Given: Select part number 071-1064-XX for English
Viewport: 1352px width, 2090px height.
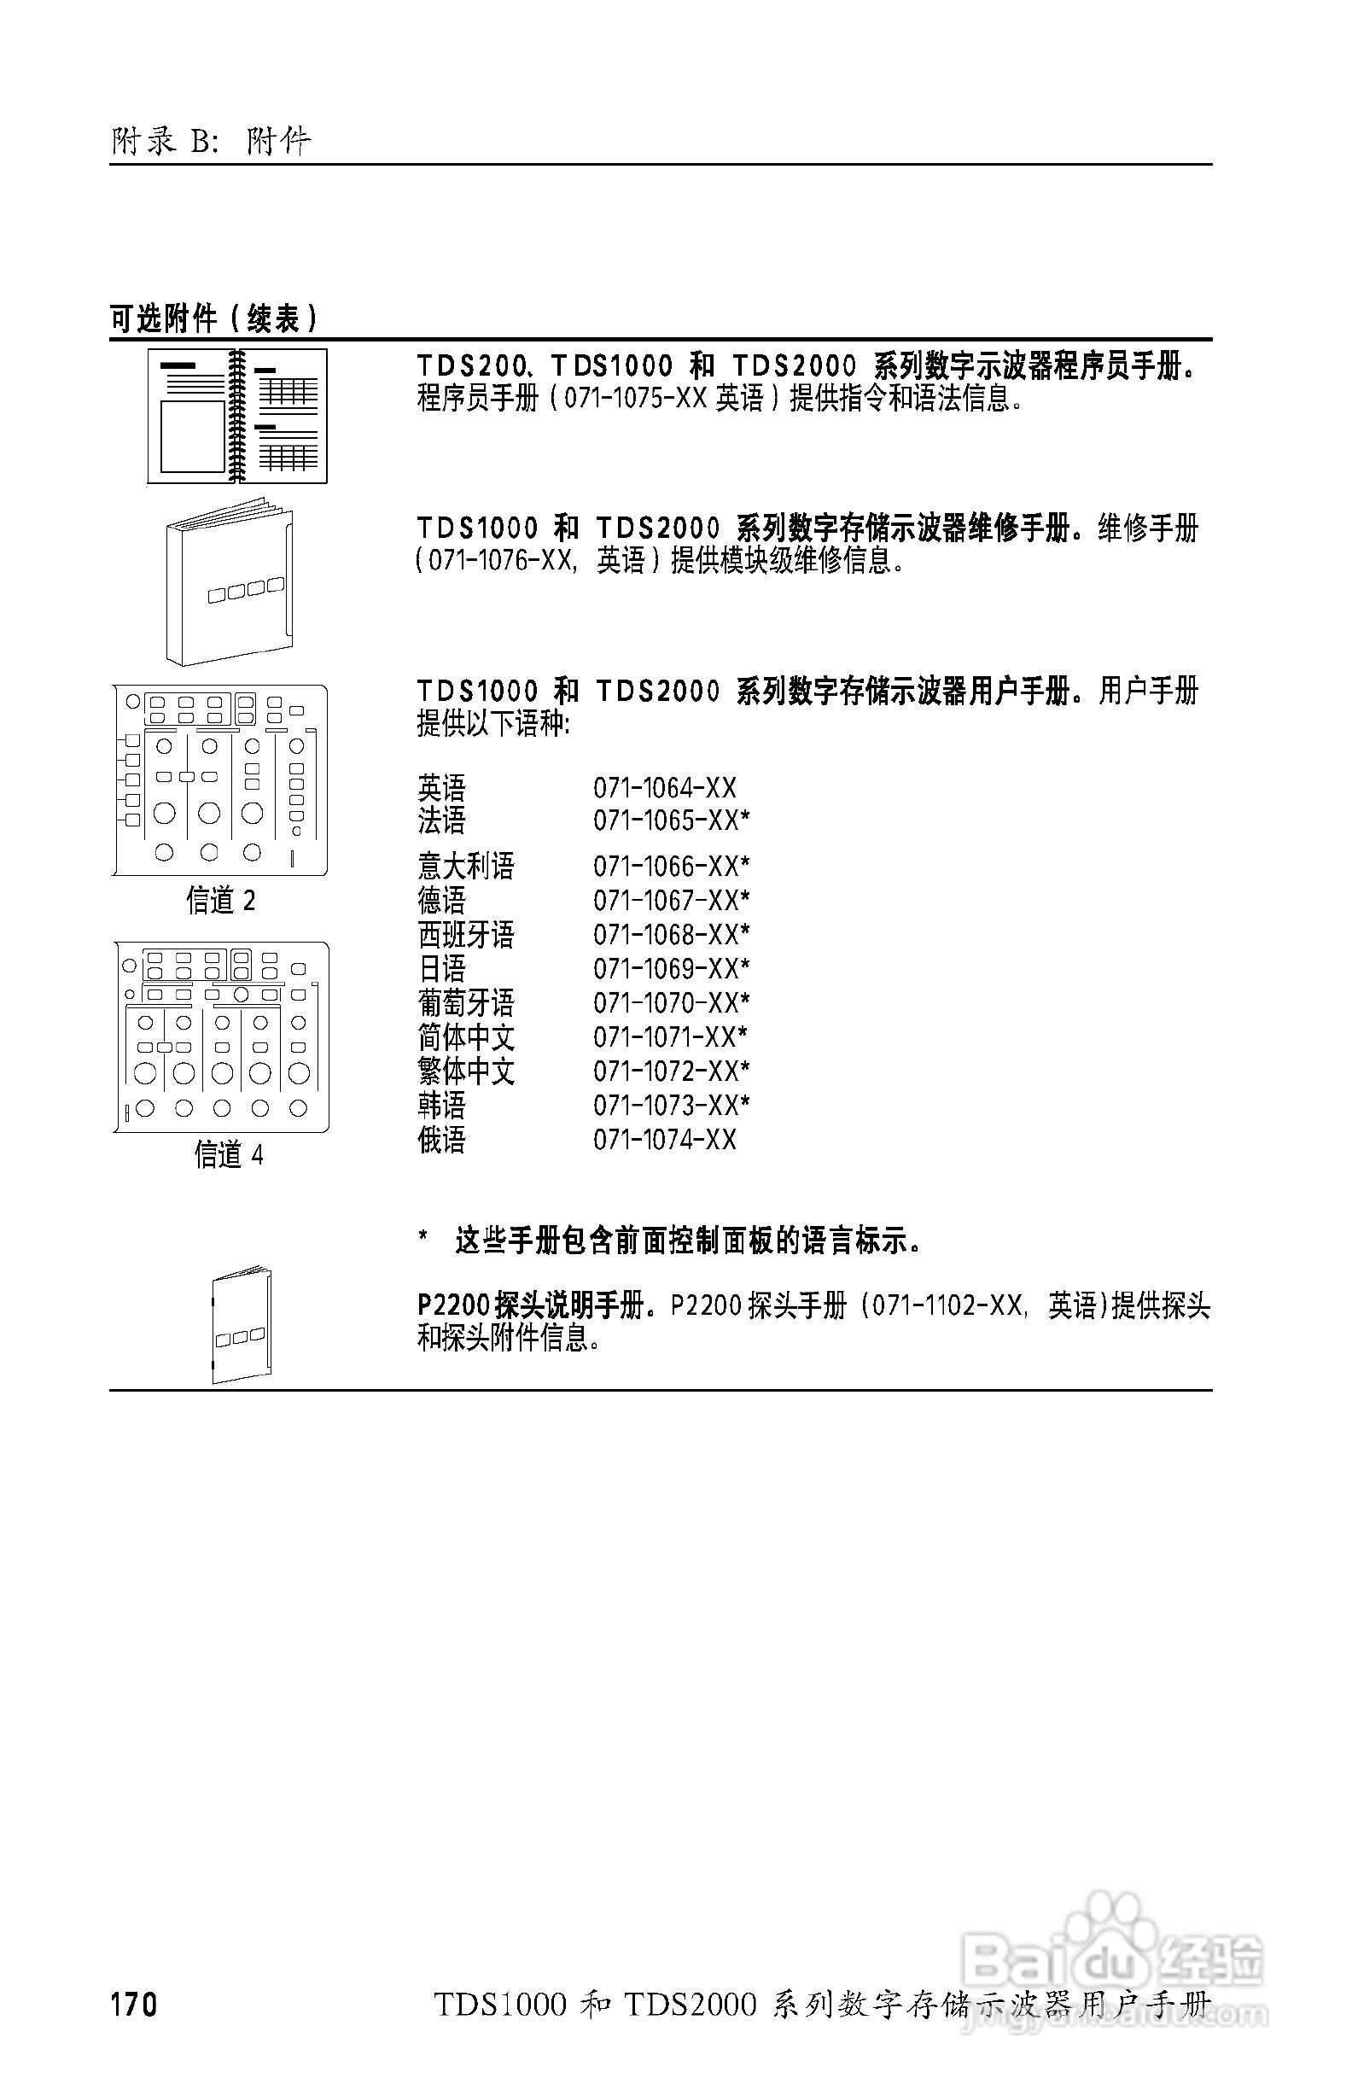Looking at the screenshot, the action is pos(665,788).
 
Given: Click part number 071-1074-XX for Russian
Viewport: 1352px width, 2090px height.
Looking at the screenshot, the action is pos(665,1140).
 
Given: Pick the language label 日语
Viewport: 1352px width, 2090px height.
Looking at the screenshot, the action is pos(441,969).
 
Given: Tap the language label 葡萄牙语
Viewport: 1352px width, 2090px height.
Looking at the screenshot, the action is pos(465,1003).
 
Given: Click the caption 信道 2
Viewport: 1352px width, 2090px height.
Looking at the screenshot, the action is pos(220,900).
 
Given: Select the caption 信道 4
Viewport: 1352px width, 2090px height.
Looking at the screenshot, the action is pos(228,1154).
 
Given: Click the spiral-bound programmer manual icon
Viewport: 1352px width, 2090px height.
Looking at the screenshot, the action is pos(237,417).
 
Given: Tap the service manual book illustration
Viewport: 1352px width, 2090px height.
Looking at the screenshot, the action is pos(230,583).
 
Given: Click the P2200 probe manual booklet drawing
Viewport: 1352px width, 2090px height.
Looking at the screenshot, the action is pos(242,1326).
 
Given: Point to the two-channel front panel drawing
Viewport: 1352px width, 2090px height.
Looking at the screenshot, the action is pos(220,779).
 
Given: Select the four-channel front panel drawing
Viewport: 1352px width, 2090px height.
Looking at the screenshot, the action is pos(221,1037).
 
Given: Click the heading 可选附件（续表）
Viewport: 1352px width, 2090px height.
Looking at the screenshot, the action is pos(213,318).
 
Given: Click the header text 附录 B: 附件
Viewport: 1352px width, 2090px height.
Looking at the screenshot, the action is pos(211,141).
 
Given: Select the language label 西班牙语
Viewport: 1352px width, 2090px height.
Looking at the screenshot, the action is pos(465,934).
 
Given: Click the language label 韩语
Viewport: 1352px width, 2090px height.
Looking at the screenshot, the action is pos(441,1105).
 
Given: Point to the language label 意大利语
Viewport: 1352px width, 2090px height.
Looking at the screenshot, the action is pos(465,866).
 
